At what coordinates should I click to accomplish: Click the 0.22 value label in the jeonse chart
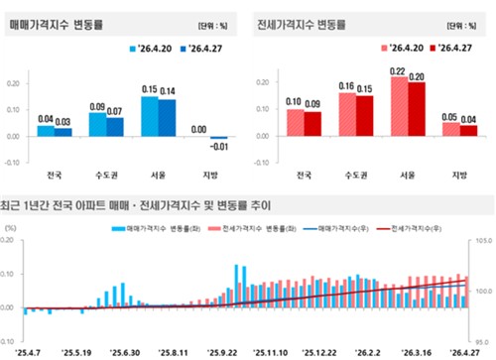397,71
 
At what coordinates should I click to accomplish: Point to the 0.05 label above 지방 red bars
448,116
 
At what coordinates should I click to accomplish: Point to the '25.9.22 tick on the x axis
221,352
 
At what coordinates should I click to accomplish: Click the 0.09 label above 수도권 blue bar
97,106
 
